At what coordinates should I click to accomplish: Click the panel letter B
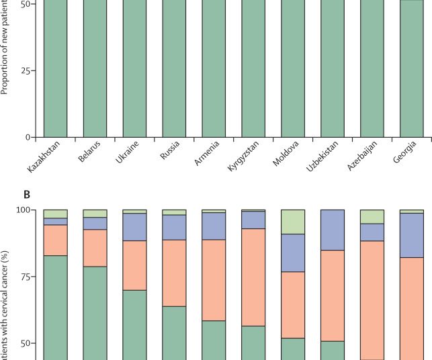point(27,195)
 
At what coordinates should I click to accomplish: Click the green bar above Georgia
point(411,67)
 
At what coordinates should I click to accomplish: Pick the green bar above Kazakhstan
point(55,67)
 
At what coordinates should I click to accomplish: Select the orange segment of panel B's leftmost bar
point(55,240)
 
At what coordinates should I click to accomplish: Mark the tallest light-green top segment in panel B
point(292,222)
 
